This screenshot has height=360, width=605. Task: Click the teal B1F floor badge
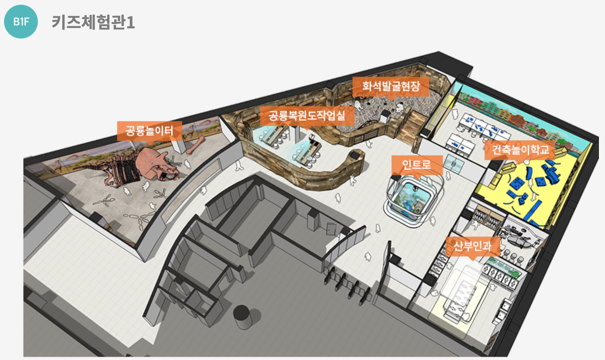tap(21, 22)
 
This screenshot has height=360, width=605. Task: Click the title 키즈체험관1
tap(93, 22)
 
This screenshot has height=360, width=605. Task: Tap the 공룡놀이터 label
tap(149, 131)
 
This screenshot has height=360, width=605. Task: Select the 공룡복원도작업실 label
tap(307, 116)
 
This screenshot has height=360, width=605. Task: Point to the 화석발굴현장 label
tap(391, 86)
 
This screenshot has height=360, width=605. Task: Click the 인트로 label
tap(417, 165)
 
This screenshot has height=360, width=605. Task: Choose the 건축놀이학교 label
tap(520, 150)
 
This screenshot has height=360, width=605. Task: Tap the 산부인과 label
tap(472, 246)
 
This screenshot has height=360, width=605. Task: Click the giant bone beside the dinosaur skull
tap(196, 146)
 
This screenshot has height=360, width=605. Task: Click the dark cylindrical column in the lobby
tap(242, 317)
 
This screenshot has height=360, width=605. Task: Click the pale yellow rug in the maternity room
tap(460, 294)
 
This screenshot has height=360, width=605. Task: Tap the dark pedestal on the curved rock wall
tap(355, 155)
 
